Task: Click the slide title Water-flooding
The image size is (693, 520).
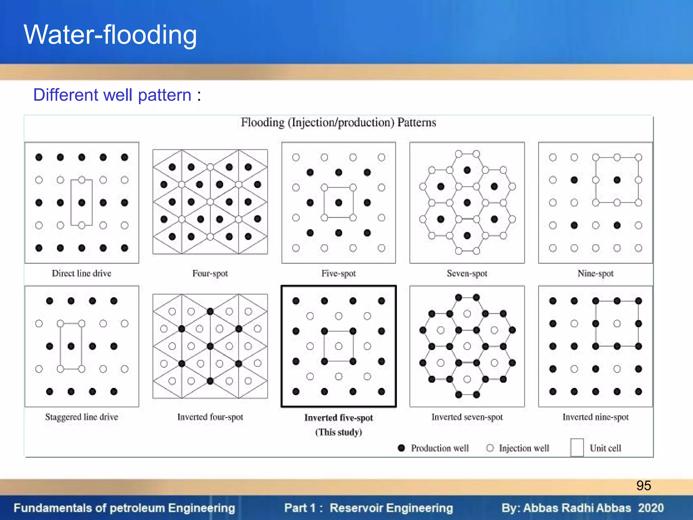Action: coord(110,35)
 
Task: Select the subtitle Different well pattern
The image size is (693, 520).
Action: coord(112,95)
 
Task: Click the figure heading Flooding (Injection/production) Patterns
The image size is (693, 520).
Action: coord(338,122)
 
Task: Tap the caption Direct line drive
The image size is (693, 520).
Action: coord(82,273)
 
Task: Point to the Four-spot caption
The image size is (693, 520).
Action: coord(210,273)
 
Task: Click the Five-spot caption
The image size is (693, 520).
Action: coord(338,273)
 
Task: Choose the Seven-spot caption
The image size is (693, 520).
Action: coord(467,273)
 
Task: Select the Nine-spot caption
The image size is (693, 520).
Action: coord(595,273)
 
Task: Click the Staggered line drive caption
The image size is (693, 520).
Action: coord(82,417)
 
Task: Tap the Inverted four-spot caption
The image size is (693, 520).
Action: coord(210,417)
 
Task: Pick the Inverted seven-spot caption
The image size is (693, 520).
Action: coord(467,417)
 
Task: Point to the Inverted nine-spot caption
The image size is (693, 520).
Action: coord(595,417)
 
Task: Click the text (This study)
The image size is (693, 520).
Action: coord(338,432)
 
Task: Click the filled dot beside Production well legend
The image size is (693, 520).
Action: coord(401,448)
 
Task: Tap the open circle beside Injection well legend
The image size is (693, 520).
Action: coord(490,448)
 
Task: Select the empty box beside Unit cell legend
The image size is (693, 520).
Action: coord(577,447)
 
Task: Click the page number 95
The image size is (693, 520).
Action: coord(643,485)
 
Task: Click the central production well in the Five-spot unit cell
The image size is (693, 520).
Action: coord(339,202)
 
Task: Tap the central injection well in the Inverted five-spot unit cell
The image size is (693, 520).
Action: coord(339,346)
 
